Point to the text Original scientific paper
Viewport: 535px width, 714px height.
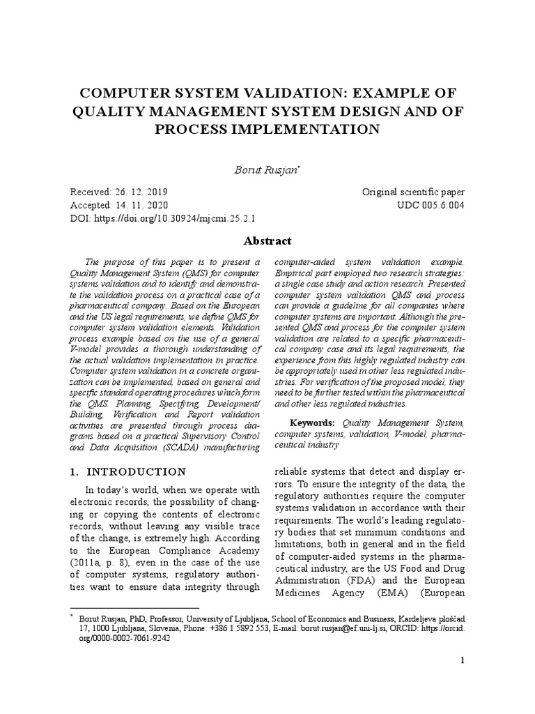click(412, 192)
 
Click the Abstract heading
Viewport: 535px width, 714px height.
click(267, 241)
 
